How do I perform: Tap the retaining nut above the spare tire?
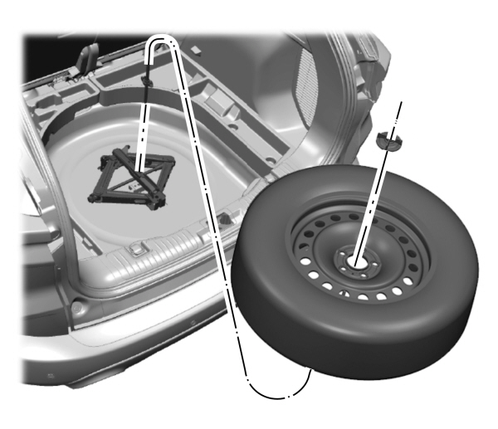387,140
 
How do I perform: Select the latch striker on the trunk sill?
138,248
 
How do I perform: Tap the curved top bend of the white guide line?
162,39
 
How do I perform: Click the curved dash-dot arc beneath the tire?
278,394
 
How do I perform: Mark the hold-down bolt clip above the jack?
147,79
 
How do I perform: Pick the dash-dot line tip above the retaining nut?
400,104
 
